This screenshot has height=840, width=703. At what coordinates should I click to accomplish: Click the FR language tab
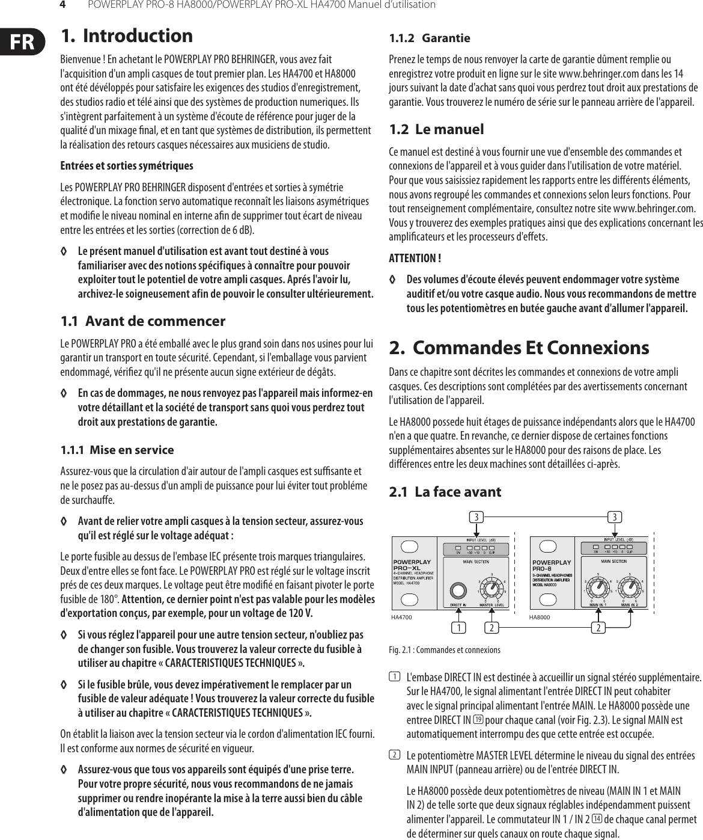click(20, 41)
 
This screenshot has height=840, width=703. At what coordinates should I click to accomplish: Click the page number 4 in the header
click(61, 5)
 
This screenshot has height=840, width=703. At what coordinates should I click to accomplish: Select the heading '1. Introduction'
click(127, 36)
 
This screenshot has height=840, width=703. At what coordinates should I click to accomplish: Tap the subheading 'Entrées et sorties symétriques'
click(127, 165)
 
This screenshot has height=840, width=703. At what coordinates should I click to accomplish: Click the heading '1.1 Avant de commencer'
click(143, 321)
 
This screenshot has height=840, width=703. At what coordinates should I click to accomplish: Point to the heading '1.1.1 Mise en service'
click(117, 450)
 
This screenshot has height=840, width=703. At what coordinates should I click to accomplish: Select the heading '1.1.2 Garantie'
click(430, 38)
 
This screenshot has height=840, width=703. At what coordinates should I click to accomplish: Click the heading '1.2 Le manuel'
click(436, 129)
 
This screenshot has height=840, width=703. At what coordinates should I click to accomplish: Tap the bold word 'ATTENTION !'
click(415, 259)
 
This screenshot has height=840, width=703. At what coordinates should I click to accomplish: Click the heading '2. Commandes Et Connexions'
click(519, 348)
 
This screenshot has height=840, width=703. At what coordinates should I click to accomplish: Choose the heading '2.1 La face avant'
click(445, 492)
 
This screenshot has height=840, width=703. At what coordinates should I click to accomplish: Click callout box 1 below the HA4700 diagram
click(460, 628)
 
